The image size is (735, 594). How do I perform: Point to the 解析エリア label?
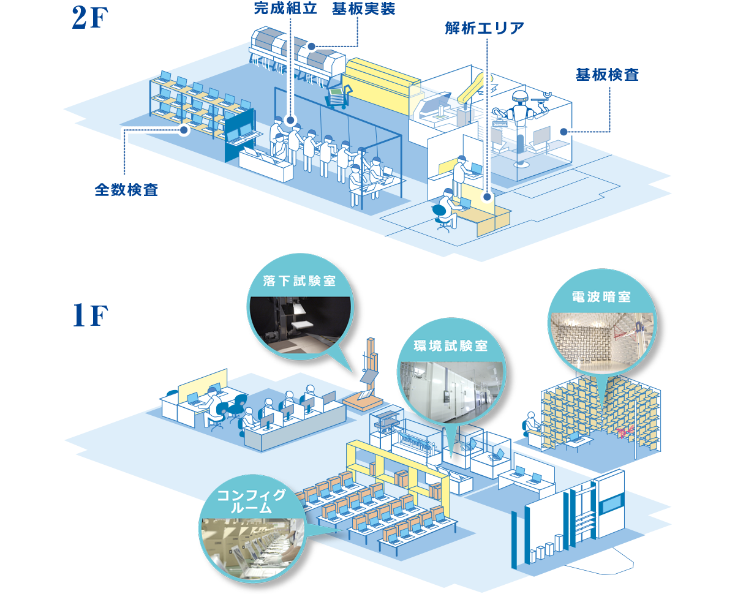(484, 28)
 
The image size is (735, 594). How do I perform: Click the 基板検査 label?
(607, 75)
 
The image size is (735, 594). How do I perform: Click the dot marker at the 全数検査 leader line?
(184, 130)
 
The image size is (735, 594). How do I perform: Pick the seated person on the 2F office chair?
(446, 208)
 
